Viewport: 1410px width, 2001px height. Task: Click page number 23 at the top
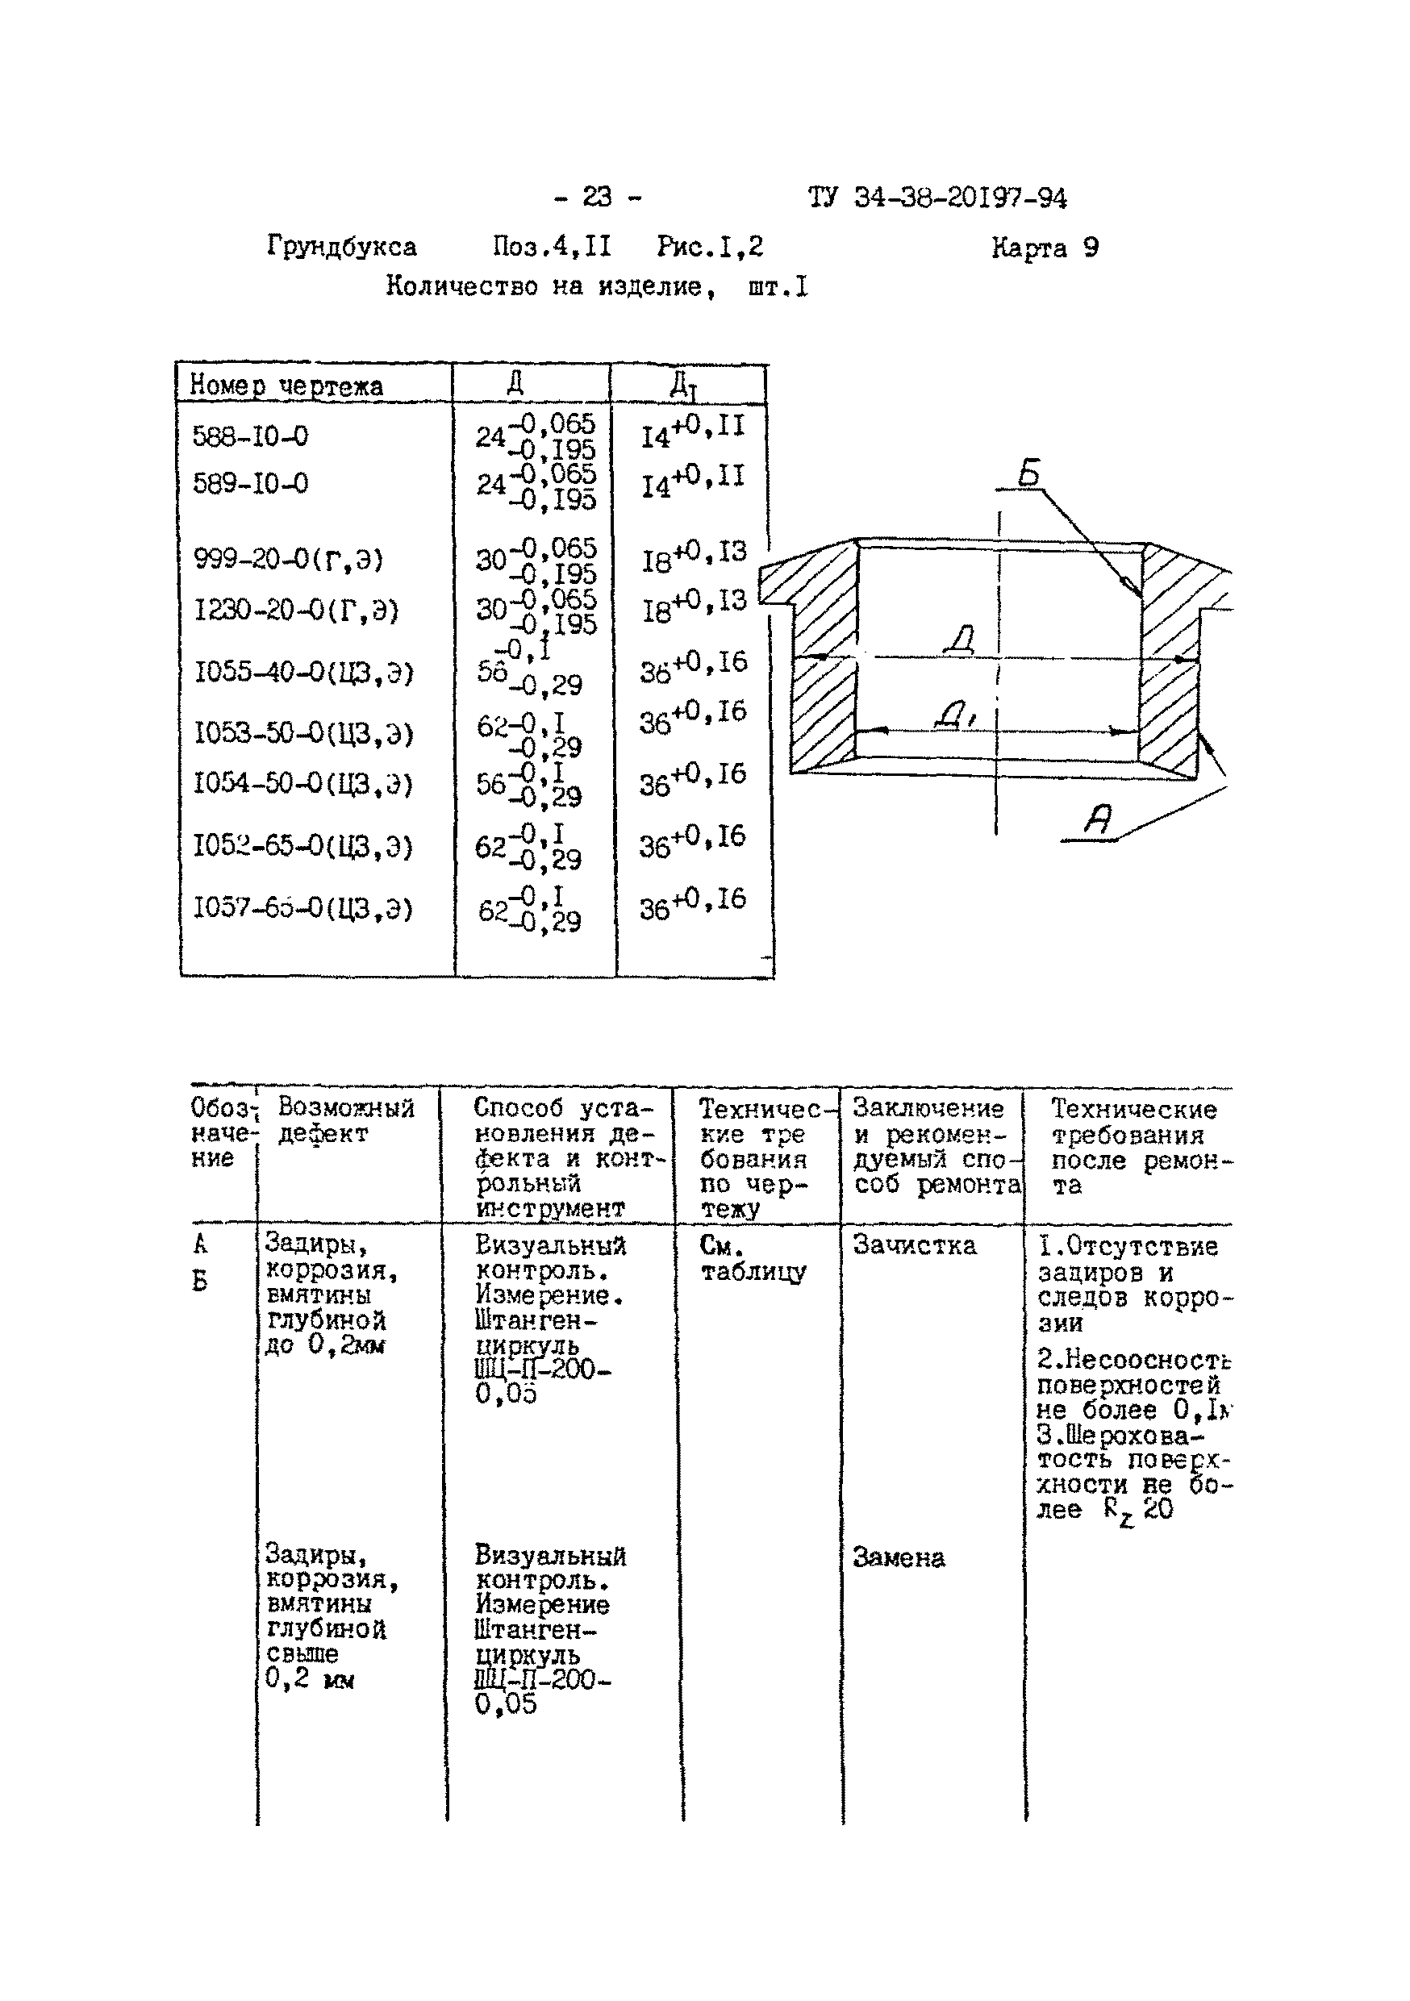click(x=597, y=197)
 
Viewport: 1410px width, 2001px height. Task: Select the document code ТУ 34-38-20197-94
click(x=937, y=198)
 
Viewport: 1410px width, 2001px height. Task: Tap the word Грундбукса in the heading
click(x=341, y=248)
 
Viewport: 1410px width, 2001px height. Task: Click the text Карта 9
click(x=1044, y=248)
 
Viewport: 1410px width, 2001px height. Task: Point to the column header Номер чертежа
click(x=286, y=386)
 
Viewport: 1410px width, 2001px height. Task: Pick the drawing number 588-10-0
click(x=250, y=436)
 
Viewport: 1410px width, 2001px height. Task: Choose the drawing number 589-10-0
click(x=250, y=483)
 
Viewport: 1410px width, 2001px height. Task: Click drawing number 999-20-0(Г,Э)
click(x=288, y=559)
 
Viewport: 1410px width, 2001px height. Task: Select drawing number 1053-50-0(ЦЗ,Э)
click(x=302, y=733)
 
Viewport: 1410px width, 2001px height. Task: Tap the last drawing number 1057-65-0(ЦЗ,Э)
click(x=302, y=908)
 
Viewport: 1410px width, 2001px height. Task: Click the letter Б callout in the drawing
click(x=1030, y=473)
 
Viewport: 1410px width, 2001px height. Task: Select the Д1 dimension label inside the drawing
click(x=955, y=715)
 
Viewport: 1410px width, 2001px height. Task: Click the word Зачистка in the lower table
click(x=913, y=1246)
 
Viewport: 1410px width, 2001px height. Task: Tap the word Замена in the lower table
click(x=899, y=1557)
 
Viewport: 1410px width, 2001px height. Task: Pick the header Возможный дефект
click(x=345, y=1121)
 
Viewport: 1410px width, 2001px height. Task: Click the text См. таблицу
click(x=753, y=1258)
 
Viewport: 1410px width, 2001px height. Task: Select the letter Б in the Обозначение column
click(x=200, y=1281)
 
